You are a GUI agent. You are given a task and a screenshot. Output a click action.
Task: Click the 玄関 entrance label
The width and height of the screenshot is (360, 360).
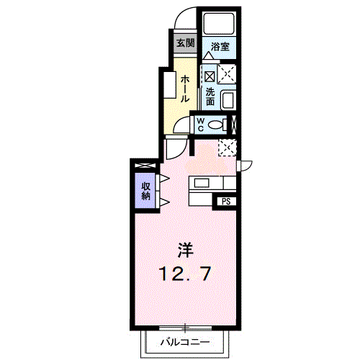(x=186, y=43)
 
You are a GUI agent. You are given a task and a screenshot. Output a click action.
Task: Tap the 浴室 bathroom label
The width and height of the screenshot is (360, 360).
(x=220, y=47)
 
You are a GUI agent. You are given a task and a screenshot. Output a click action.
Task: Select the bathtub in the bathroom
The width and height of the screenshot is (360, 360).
(x=219, y=23)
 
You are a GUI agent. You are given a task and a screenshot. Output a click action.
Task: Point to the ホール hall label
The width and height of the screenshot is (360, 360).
(x=185, y=89)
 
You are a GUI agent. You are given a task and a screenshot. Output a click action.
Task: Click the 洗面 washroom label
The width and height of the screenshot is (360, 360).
(x=210, y=96)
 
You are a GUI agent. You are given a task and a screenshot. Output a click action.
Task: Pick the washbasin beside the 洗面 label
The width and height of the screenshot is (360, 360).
(x=228, y=99)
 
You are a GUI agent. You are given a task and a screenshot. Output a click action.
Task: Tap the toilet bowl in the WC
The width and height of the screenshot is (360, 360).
(x=217, y=125)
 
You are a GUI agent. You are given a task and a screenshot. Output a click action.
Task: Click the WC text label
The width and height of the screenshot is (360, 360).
(x=200, y=125)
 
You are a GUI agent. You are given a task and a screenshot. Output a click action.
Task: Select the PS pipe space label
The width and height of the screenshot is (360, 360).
(x=226, y=201)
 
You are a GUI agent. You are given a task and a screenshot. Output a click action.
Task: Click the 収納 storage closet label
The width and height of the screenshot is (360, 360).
(x=145, y=191)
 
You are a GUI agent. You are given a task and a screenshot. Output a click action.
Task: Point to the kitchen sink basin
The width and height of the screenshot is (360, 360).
(x=202, y=183)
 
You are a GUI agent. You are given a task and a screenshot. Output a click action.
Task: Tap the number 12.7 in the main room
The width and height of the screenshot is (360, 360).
(x=185, y=274)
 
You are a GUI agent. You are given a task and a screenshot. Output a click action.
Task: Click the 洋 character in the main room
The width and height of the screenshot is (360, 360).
(x=185, y=251)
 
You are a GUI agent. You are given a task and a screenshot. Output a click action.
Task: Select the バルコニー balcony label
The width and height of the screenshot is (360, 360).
(x=185, y=341)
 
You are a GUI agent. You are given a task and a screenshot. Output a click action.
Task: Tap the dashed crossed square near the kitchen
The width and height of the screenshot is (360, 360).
(x=228, y=147)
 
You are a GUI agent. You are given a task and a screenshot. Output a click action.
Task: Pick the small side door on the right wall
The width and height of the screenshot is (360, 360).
(x=244, y=166)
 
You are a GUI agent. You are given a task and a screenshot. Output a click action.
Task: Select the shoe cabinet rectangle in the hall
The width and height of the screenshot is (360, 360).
(x=170, y=85)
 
